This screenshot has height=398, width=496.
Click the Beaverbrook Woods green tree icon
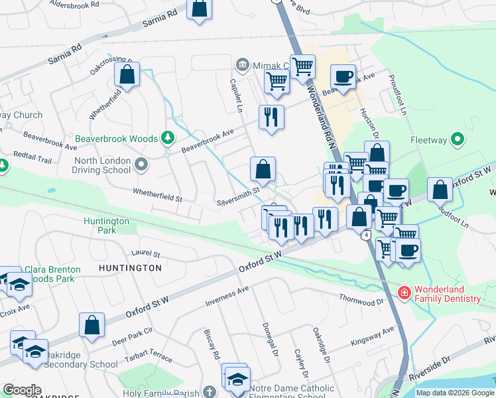click(168, 138)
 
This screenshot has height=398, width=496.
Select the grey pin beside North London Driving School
click(141, 164)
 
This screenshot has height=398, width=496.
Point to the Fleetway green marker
click(456, 139)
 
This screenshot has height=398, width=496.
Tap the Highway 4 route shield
click(366, 235)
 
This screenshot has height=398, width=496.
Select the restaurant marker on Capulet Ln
click(271, 117)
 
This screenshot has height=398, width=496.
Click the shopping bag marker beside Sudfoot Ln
click(440, 190)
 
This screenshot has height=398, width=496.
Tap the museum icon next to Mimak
click(242, 65)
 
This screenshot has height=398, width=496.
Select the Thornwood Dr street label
click(361, 300)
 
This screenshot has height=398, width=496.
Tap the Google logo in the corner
click(23, 390)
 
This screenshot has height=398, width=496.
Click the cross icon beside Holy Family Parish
click(210, 393)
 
